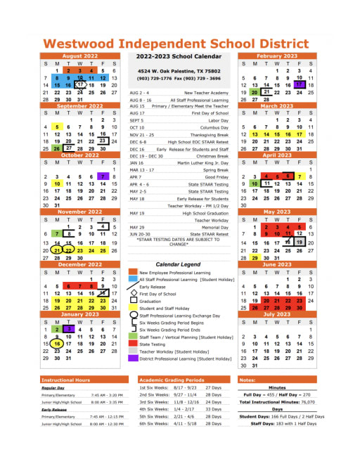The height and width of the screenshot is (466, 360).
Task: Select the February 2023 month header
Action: click(x=277, y=56)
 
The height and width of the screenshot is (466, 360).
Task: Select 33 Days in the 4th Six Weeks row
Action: click(x=214, y=408)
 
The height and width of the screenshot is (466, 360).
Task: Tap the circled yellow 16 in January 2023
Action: click(x=57, y=344)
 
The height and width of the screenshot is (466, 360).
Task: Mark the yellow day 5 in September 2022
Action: click(x=57, y=127)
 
